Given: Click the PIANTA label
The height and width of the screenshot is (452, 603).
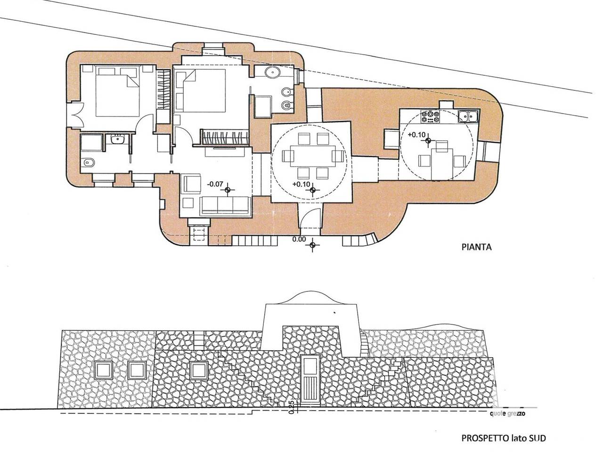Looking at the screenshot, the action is tap(476, 247).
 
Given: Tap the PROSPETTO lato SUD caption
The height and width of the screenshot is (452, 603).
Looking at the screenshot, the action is tap(503, 438).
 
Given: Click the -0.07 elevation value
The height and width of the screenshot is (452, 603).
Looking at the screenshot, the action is tap(215, 184).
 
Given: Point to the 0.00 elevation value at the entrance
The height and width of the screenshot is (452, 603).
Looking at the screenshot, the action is tap(299, 239).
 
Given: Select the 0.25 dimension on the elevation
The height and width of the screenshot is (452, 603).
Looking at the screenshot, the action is tap(292, 406).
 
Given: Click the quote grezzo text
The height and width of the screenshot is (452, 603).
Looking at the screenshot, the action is tap(507, 413).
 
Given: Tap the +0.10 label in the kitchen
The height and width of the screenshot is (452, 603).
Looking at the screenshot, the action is tap(416, 135).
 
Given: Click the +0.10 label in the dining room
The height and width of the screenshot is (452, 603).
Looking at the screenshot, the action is tap(301, 184).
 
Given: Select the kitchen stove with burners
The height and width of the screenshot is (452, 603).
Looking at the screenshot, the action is tap(430, 117).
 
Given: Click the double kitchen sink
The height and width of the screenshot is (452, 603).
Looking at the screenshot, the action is tap(469, 116).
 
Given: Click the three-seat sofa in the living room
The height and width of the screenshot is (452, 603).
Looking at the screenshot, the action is tap(226, 205).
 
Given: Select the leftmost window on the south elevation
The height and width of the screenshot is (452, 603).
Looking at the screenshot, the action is tap(103, 370).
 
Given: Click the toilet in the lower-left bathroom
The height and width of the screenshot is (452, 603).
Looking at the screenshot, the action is tap(89, 162).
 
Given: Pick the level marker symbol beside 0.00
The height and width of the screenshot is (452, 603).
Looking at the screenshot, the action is tap(312, 245).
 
